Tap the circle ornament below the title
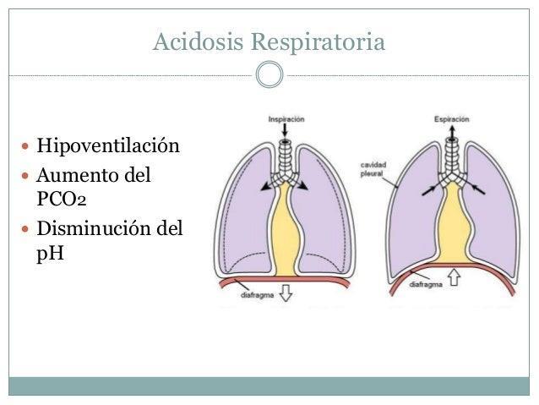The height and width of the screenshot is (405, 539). coord(269,74)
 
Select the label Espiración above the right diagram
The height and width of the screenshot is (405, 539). coord(453,119)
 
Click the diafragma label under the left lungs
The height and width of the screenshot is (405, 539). coord(253,295)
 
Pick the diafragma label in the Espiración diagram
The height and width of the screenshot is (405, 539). coord(426,285)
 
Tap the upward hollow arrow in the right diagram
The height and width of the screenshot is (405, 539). coord(455,276)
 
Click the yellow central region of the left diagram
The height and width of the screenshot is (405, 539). coord(286,228)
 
